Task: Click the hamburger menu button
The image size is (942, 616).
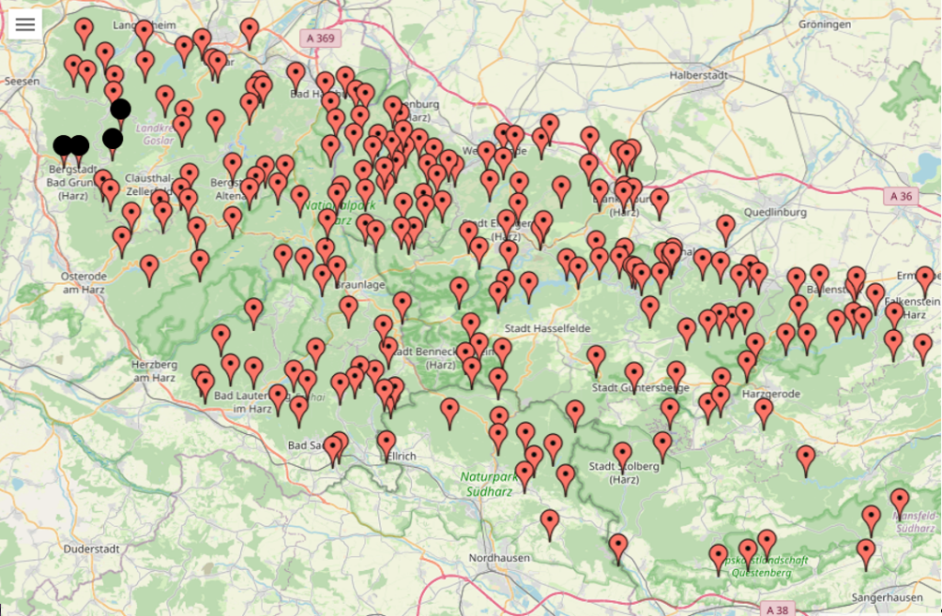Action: (x=25, y=25)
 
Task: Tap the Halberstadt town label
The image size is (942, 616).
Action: (x=699, y=74)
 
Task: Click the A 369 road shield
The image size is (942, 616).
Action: (x=320, y=38)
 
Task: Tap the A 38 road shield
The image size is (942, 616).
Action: (x=777, y=609)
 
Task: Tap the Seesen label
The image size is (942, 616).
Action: (x=21, y=81)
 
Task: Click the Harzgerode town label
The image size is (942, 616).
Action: (x=770, y=394)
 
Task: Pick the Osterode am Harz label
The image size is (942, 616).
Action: (x=84, y=282)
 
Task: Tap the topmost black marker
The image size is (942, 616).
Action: (x=121, y=108)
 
